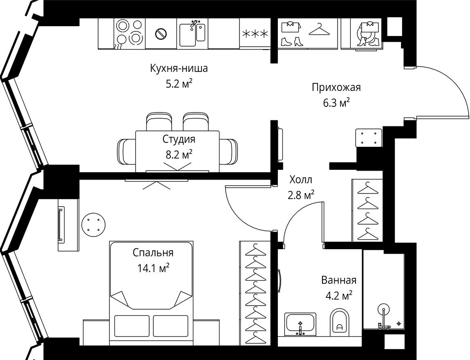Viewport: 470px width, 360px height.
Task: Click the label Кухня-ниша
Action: click(179, 68)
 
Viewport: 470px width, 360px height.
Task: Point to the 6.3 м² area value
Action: click(336, 103)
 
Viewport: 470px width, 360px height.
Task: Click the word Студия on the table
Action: click(179, 139)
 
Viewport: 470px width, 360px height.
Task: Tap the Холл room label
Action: click(301, 180)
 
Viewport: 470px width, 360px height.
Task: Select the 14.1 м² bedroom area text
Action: click(154, 268)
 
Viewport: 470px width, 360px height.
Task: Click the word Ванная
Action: click(338, 280)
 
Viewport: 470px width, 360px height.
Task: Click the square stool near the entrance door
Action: click(369, 137)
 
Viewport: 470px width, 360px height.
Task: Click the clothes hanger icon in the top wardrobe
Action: click(320, 30)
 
